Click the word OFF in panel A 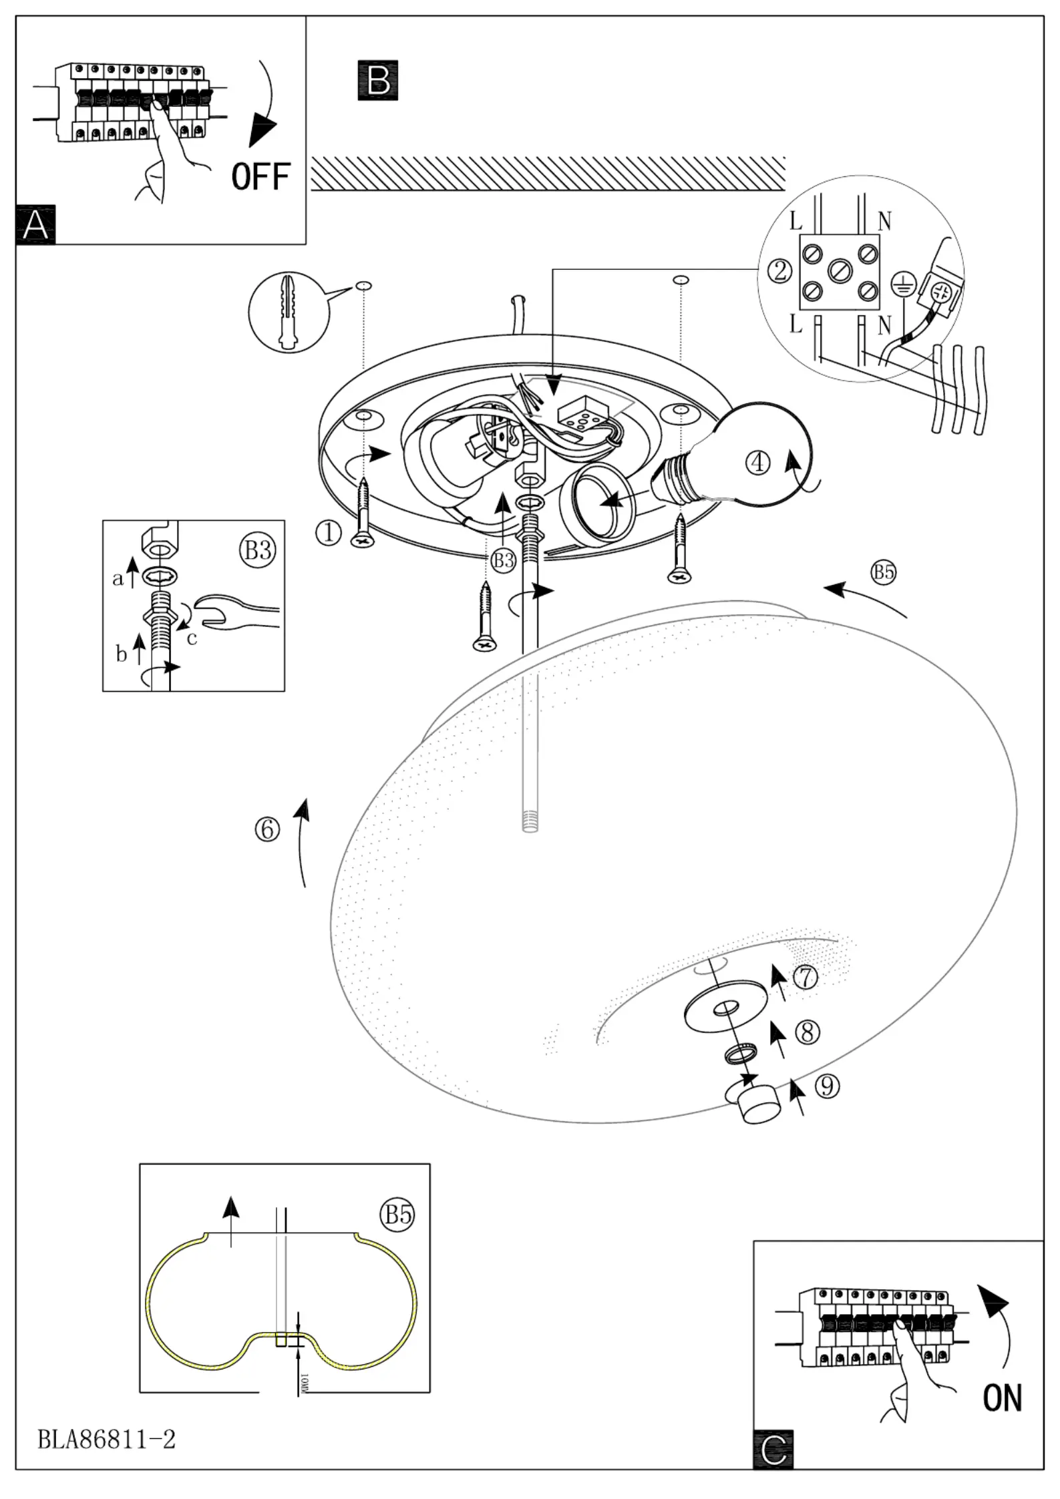261,176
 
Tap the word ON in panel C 1002,1398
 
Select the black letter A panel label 35,225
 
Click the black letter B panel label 378,80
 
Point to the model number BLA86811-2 106,1439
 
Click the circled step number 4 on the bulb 758,463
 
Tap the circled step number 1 329,533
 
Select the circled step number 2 779,270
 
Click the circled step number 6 267,829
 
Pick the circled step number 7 806,978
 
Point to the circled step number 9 827,1086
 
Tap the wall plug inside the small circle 289,311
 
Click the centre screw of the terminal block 839,270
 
